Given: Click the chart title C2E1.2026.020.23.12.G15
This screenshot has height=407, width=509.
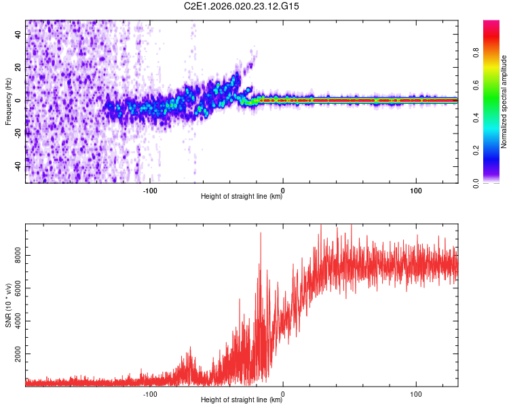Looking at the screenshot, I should coord(242,6).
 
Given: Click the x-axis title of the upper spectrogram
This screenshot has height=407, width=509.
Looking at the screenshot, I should coord(242,197).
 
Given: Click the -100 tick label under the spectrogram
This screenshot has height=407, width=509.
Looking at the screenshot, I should coord(150,189).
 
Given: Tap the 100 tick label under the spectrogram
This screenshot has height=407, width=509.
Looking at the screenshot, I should coord(416,189).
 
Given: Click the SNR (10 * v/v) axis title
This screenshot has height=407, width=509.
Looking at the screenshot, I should coord(8,305).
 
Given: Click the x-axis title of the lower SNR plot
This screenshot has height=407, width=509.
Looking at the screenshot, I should coord(242,400).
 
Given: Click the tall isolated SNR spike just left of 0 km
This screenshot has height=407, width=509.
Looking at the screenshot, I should coord(260,234).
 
